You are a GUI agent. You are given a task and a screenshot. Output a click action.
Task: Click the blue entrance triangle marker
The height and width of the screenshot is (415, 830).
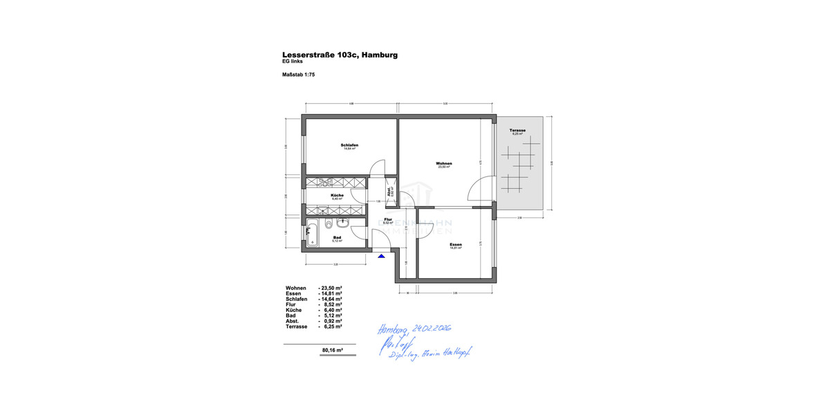pyautogui.click(x=381, y=256)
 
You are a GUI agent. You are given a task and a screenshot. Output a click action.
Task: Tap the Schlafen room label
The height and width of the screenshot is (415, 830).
pyautogui.click(x=349, y=145)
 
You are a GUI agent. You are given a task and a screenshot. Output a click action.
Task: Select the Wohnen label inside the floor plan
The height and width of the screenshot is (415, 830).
pyautogui.click(x=443, y=163)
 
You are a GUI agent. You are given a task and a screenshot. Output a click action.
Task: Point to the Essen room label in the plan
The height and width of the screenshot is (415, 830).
pyautogui.click(x=455, y=244)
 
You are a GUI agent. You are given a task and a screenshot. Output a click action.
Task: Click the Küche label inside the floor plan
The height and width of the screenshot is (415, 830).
pyautogui.click(x=338, y=195)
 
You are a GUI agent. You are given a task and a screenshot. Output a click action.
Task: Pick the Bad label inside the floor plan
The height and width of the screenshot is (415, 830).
pyautogui.click(x=337, y=237)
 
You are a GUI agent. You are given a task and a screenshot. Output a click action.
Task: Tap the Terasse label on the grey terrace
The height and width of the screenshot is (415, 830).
pyautogui.click(x=517, y=130)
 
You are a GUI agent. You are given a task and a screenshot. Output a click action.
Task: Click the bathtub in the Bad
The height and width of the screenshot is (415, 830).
pyautogui.click(x=313, y=232)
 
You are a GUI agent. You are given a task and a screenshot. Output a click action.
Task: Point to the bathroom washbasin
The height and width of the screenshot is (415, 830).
pyautogui.click(x=342, y=223)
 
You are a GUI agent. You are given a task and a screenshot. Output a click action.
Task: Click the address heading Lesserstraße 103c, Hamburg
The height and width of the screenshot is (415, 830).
pyautogui.click(x=340, y=55)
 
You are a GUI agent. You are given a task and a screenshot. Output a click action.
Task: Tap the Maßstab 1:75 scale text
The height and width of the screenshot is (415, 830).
pyautogui.click(x=298, y=74)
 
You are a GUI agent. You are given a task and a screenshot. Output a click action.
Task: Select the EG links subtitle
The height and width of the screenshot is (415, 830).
pyautogui.click(x=293, y=62)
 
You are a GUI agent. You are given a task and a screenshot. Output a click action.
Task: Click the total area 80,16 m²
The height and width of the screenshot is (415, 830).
pyautogui.click(x=333, y=351)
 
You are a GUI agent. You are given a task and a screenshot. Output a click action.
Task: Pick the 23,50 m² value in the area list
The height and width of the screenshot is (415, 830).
pyautogui.click(x=331, y=288)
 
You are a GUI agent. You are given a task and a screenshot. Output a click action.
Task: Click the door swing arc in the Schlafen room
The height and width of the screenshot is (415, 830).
pyautogui.click(x=376, y=167)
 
